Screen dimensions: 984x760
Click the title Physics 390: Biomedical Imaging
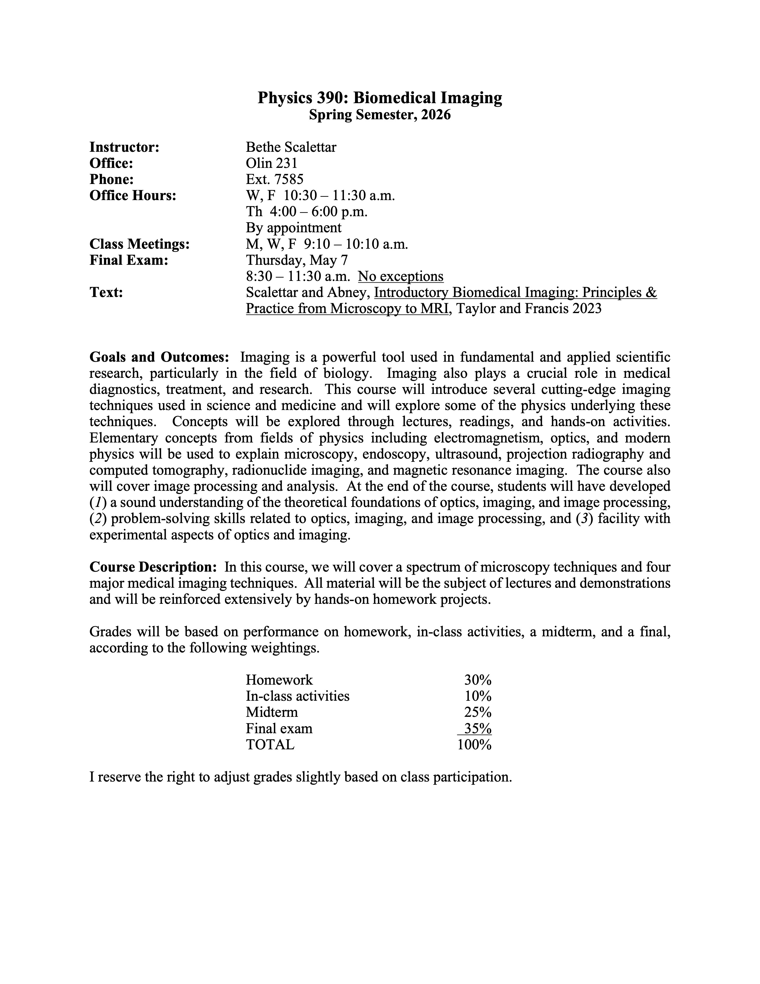click(379, 98)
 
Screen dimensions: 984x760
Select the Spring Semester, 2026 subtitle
click(379, 115)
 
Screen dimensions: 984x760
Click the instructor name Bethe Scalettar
click(291, 147)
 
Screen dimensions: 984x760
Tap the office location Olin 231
click(272, 163)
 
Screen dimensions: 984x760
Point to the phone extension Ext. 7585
click(275, 179)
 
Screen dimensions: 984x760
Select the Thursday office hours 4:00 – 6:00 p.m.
click(307, 212)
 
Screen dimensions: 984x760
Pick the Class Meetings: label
click(139, 244)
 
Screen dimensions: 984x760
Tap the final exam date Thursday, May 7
click(297, 260)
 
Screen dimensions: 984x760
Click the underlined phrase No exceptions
click(401, 276)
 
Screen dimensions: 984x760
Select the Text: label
click(106, 293)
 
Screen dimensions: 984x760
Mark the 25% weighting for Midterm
click(478, 712)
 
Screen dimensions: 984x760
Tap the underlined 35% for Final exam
click(478, 728)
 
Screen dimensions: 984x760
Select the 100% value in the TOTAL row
click(474, 745)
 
